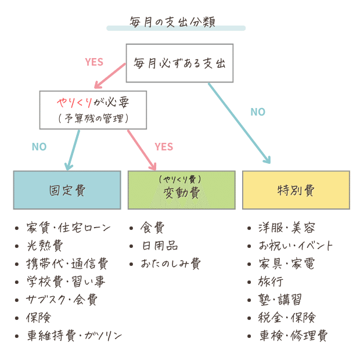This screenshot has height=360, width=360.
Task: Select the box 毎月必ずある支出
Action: [179, 63]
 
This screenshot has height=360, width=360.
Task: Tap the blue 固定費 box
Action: [67, 190]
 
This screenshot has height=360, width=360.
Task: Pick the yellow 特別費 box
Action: [296, 190]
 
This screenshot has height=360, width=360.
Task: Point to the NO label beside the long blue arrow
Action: [258, 112]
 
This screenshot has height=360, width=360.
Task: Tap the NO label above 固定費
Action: [39, 147]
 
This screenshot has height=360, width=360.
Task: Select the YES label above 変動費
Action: [164, 147]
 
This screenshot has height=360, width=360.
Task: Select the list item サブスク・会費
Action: [62, 300]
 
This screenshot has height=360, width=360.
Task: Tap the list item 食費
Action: [152, 227]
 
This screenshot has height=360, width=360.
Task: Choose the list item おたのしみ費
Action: [170, 264]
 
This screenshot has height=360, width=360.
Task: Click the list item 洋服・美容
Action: [286, 227]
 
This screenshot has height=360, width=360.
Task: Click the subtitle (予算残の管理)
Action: [93, 118]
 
